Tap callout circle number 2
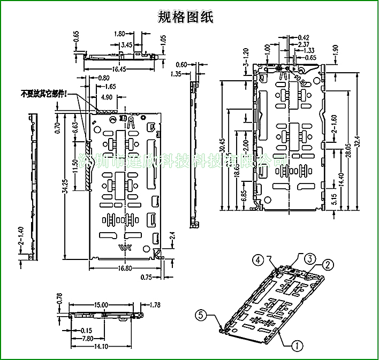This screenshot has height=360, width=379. point(328,264)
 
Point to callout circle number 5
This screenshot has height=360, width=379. point(200,315)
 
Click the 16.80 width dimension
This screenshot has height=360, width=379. point(124,269)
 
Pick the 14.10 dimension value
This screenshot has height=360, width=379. point(101,346)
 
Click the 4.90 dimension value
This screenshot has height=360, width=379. point(107,97)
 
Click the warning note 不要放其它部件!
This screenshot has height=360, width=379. point(44,94)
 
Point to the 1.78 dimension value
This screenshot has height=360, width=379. point(155,305)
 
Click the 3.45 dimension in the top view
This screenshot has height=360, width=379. point(127,44)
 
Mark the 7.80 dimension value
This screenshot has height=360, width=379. point(88,339)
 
